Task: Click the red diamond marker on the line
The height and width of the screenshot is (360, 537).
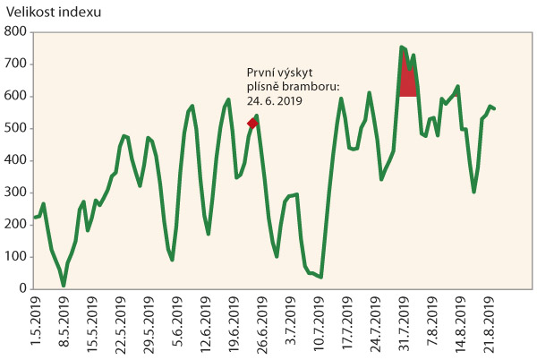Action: coord(252,123)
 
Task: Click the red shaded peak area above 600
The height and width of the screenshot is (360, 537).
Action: coord(408,81)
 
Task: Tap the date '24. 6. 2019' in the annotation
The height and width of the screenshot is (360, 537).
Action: coord(275,101)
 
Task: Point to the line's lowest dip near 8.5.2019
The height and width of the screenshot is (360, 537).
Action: coord(64,285)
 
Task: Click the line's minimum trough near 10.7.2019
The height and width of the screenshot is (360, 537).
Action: coord(321,277)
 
